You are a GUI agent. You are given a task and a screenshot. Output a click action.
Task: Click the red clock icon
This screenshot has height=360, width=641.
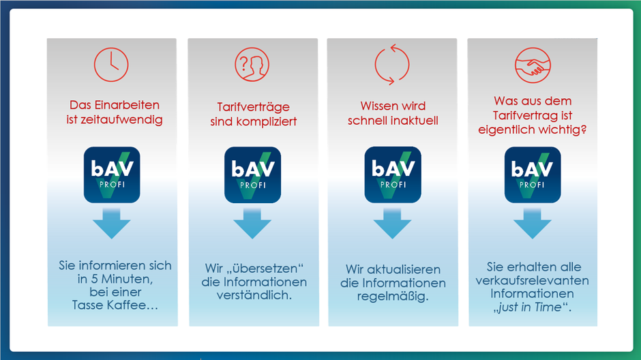[111, 65]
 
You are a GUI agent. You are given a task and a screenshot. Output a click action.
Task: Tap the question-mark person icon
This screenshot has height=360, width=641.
[252, 65]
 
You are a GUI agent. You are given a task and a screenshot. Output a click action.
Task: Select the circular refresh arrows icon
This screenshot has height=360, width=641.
[391, 65]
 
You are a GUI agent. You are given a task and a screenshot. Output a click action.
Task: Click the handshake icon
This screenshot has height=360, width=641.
[533, 65]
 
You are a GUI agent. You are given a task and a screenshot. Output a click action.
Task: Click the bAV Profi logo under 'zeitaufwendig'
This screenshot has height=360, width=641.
[112, 175]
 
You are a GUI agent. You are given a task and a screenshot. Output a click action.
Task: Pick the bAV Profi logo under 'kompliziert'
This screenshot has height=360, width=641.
[252, 175]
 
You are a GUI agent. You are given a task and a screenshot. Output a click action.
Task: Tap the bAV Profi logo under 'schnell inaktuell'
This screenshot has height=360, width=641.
[393, 175]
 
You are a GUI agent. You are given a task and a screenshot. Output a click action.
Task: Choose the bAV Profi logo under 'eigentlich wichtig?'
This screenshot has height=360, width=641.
[533, 175]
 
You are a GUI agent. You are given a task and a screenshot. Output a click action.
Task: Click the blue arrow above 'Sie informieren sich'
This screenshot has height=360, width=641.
[112, 223]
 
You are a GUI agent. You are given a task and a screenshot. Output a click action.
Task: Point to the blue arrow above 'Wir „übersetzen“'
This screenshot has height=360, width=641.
[252, 223]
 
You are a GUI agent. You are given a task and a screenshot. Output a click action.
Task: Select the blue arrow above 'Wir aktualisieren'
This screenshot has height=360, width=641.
[393, 223]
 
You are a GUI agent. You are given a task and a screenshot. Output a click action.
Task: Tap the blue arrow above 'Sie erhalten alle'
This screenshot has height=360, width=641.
[533, 223]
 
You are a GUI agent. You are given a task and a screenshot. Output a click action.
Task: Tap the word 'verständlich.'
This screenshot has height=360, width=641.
[254, 295]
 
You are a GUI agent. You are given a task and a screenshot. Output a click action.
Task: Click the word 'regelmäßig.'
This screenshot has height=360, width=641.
[393, 297]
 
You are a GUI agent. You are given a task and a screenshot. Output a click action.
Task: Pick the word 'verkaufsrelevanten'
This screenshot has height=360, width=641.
[533, 280]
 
